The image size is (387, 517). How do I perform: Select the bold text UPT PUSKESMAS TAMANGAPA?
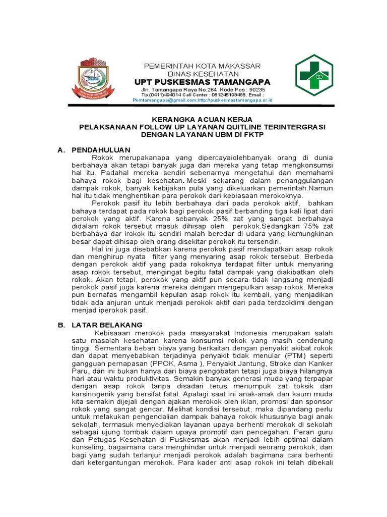(x=202, y=82)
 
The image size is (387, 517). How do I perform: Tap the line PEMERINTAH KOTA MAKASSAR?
(x=202, y=66)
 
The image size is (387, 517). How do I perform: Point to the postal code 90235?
(x=254, y=89)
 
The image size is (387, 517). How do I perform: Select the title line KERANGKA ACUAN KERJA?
(x=202, y=120)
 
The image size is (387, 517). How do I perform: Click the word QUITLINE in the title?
(x=227, y=127)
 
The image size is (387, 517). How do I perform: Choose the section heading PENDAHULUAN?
(x=101, y=150)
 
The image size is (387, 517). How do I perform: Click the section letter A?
(x=61, y=150)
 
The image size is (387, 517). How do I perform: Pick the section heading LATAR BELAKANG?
(x=107, y=325)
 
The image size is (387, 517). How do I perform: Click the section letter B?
(x=61, y=325)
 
